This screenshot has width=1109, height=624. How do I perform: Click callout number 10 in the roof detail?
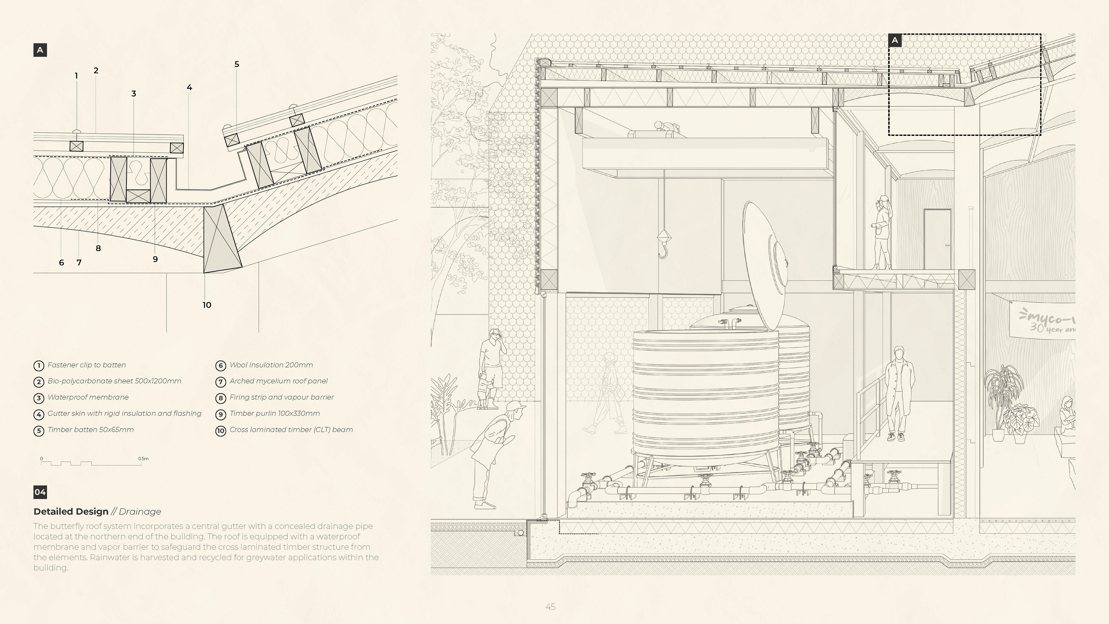(x=207, y=305)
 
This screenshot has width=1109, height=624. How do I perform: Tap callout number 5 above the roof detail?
(x=236, y=64)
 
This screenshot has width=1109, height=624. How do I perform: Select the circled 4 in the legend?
(x=39, y=414)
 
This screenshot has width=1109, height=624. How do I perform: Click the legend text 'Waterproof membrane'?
(x=88, y=397)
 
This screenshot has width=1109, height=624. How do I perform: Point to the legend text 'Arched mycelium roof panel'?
(x=278, y=381)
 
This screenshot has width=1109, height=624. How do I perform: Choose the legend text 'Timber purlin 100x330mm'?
(x=274, y=413)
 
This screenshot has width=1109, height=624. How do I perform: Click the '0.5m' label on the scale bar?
(x=143, y=459)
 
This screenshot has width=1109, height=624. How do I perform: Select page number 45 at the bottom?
(x=550, y=607)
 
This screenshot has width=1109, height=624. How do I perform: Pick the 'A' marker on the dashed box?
(x=895, y=40)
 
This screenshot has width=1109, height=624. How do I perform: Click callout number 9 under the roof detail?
(x=155, y=259)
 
